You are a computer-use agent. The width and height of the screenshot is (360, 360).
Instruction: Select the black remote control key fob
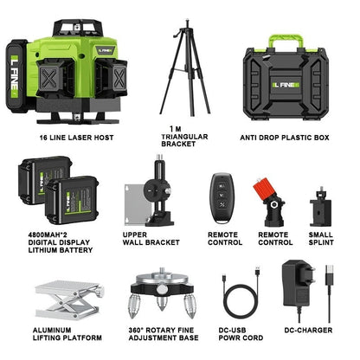(x=222, y=198)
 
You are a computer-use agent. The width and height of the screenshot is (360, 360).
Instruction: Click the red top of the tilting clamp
(x=263, y=188)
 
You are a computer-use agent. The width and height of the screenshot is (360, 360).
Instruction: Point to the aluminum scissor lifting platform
(x=68, y=299)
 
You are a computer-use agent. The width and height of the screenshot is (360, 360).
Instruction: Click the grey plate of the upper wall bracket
(x=136, y=204)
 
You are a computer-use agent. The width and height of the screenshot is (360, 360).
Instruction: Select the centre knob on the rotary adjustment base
(x=162, y=288)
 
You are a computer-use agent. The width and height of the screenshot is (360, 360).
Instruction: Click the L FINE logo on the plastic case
(x=286, y=85)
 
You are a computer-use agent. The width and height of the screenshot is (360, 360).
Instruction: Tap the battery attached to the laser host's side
(x=17, y=76)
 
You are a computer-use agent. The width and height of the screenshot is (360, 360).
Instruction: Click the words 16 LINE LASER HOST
(x=76, y=138)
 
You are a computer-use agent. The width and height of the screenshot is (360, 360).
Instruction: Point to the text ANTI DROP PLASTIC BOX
(x=285, y=138)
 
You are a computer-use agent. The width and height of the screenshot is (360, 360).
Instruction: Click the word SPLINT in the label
(x=321, y=242)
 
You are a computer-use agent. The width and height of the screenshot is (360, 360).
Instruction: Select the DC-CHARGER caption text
(x=308, y=330)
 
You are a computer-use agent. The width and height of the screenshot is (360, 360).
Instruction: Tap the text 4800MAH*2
(x=48, y=235)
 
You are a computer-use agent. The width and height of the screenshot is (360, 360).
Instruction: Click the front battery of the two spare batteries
(x=72, y=200)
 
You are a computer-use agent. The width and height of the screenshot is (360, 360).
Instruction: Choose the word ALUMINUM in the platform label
(x=52, y=330)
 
